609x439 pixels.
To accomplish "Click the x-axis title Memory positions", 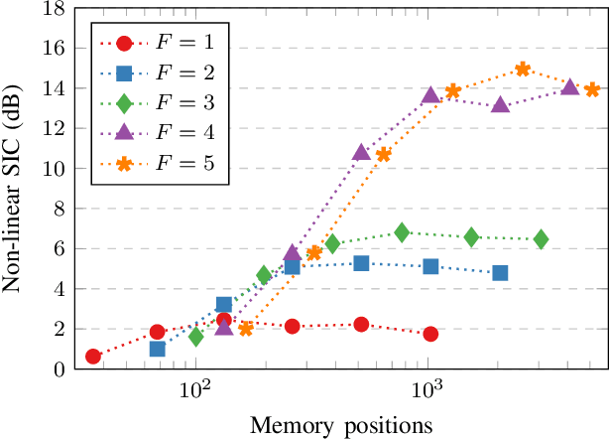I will tap(341, 425).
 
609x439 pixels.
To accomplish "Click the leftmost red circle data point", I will tap(93, 357).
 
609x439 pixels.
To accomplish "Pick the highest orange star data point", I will tap(523, 70).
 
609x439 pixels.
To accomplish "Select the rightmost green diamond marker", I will tap(541, 239).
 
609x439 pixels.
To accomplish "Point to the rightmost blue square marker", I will tap(500, 272).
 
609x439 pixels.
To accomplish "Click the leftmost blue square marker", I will tap(157, 349).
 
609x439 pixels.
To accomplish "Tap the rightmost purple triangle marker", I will tap(569, 87).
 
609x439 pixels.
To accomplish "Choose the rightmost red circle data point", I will tap(430, 334).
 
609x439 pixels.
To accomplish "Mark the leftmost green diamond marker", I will tap(195, 337).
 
